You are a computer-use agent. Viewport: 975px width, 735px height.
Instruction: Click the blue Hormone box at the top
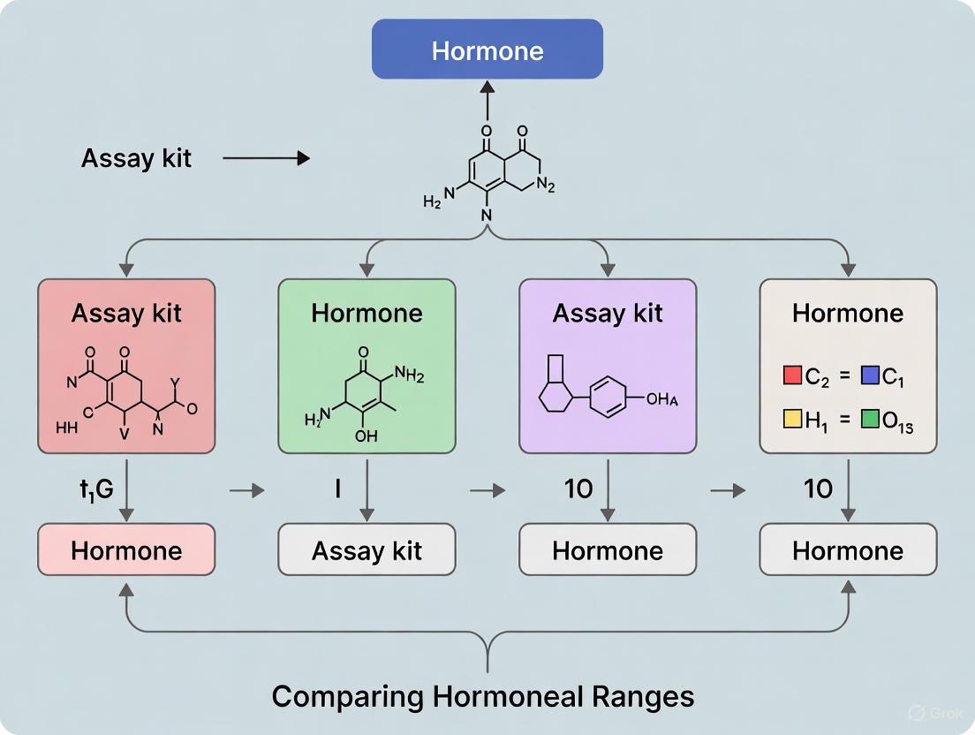487,49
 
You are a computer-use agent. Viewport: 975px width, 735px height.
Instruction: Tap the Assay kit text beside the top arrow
136,158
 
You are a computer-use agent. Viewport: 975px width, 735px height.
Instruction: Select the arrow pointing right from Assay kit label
267,158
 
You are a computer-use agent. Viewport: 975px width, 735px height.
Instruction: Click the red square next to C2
792,376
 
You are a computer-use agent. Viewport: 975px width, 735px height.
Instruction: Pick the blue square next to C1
870,376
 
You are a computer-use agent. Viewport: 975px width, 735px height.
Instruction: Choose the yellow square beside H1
792,419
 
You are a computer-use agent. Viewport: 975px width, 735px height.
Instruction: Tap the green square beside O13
870,419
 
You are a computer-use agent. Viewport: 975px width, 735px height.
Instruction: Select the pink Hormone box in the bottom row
126,550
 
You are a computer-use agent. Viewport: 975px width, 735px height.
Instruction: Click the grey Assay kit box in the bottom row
367,550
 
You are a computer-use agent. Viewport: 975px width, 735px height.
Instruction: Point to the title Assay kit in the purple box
608,313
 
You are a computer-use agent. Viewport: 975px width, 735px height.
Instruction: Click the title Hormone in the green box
367,313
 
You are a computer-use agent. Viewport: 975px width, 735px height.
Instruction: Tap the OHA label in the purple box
663,399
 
